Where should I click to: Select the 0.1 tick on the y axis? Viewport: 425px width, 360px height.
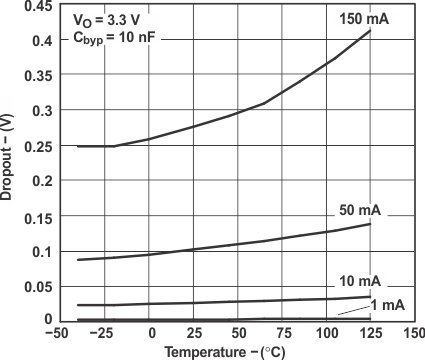point(41,250)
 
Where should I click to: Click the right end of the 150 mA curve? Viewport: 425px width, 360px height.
point(371,30)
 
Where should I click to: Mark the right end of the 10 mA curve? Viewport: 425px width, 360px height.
point(371,297)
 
